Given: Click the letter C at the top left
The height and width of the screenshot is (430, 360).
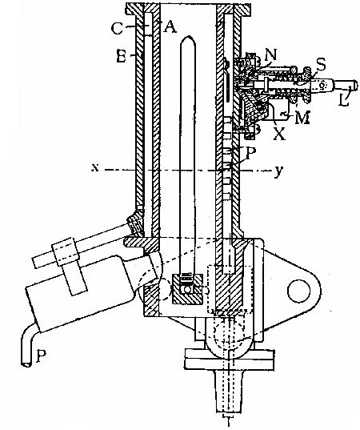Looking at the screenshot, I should coord(117,30).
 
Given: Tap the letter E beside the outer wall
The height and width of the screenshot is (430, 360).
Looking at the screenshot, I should coord(118,58).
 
